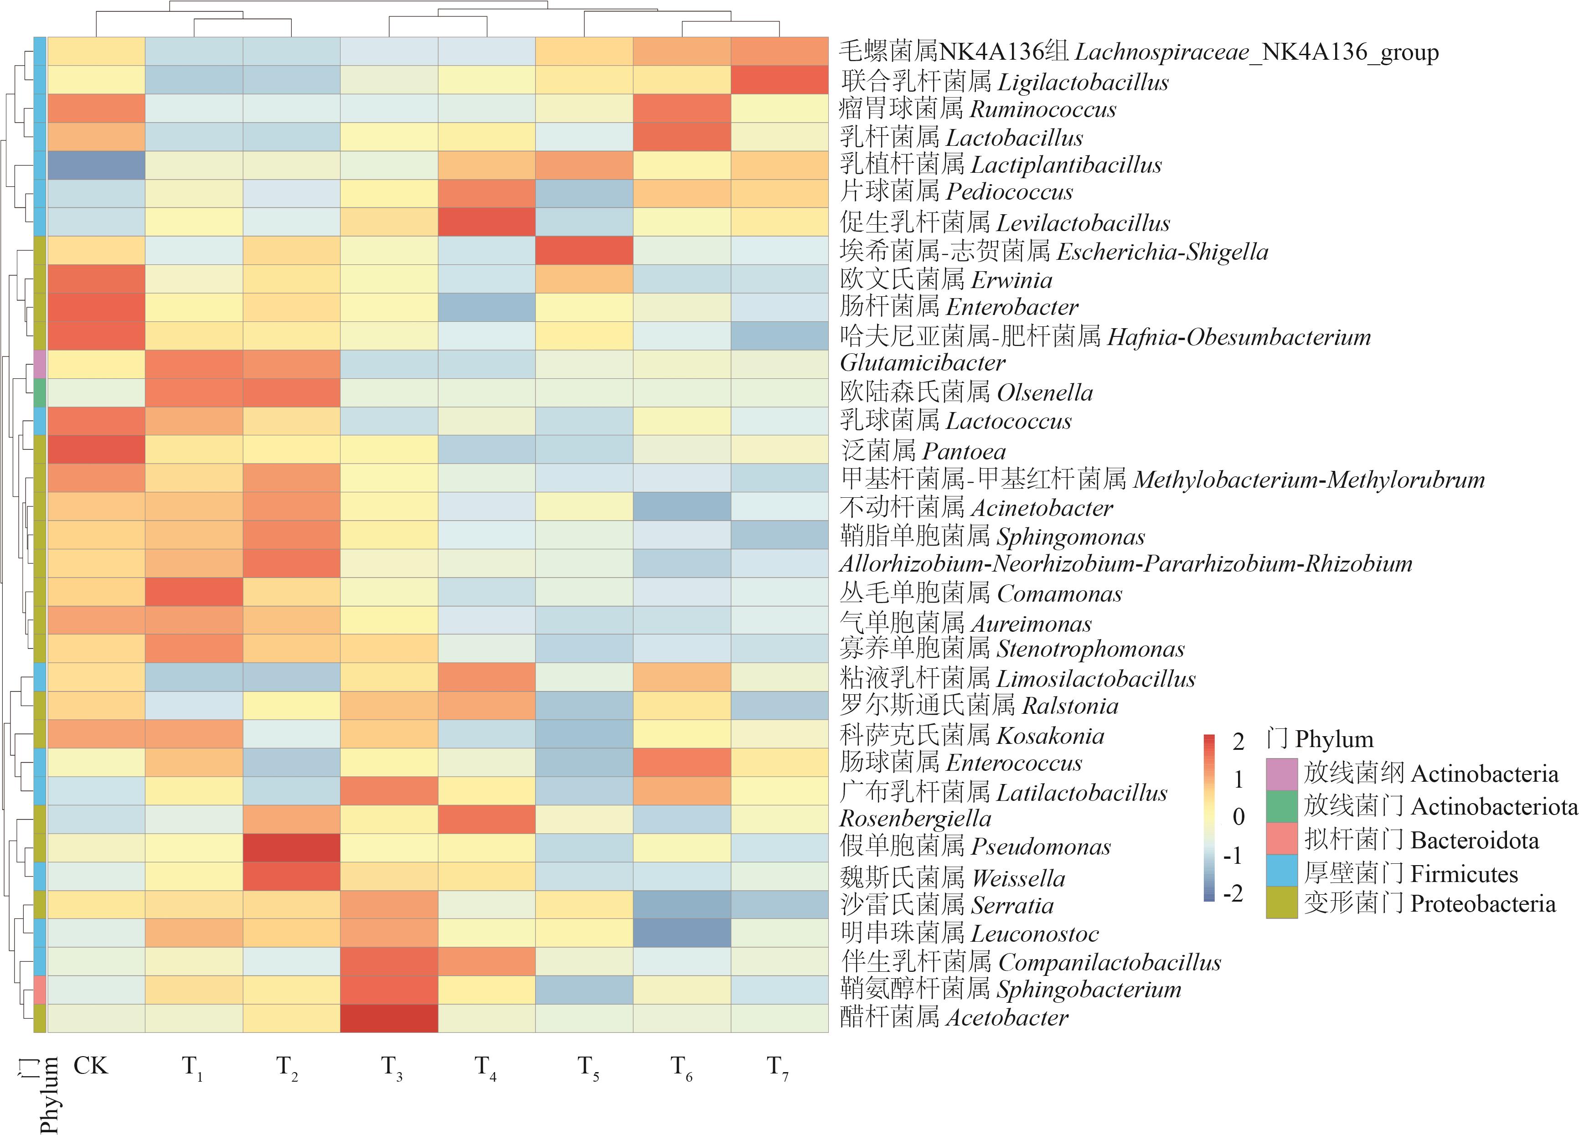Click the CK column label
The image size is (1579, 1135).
pos(91,1065)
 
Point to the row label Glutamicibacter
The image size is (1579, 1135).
pos(923,363)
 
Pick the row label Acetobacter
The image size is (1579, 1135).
pos(954,1018)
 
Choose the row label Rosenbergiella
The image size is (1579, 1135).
pos(915,818)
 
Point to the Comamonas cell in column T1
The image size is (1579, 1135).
pos(194,592)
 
